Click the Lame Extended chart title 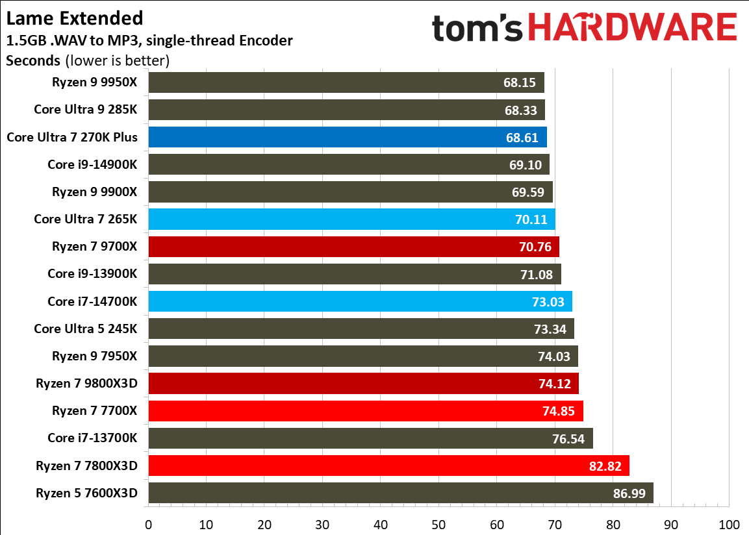(x=75, y=18)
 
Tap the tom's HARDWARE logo (x=584, y=29)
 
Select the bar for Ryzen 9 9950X (x=325, y=83)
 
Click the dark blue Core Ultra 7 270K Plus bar (x=325, y=138)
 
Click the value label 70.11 (x=531, y=219)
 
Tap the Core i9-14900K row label (x=92, y=165)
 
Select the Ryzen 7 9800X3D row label (x=86, y=384)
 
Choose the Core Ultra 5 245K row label (x=86, y=329)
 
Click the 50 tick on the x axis (x=438, y=524)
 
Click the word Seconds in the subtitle (x=33, y=62)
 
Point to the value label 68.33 (x=520, y=110)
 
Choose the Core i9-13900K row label (x=92, y=274)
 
